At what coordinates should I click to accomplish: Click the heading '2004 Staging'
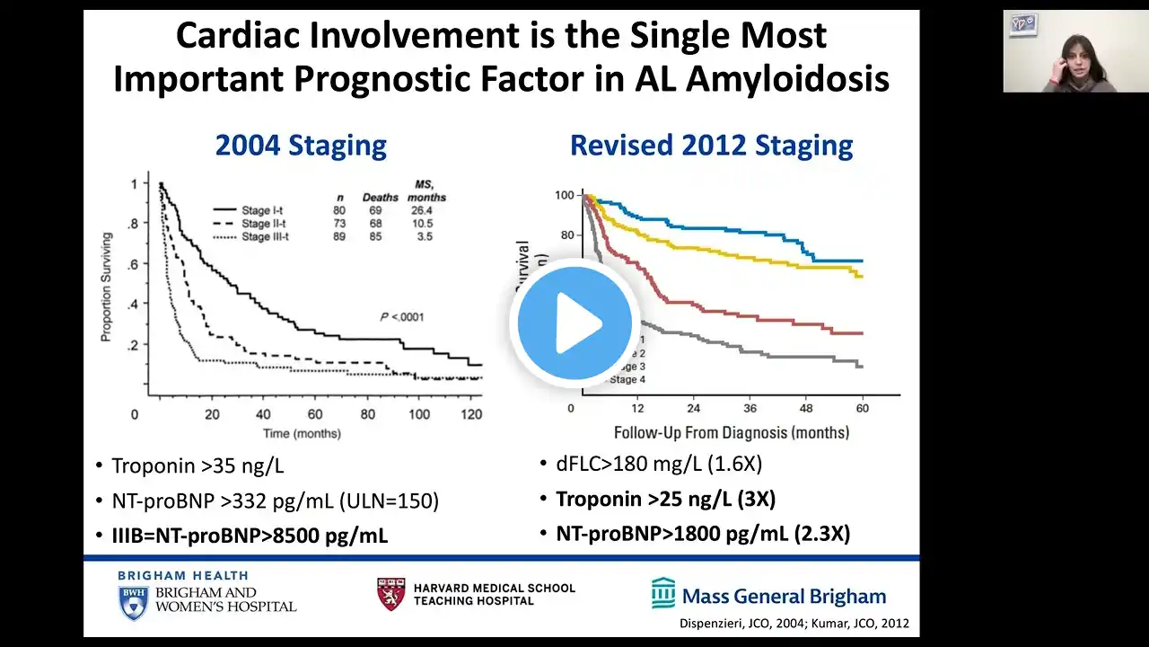tap(301, 146)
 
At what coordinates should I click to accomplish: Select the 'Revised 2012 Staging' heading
tap(712, 146)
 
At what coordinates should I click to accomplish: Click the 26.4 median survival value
tap(425, 210)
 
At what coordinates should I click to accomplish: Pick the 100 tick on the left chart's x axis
tap(419, 414)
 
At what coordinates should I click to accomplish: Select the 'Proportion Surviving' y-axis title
tap(106, 281)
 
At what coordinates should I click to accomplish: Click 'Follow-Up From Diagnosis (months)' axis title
tap(732, 432)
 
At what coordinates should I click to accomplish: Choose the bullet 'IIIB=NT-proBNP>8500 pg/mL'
tap(249, 536)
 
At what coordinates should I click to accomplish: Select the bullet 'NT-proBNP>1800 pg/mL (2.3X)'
tap(702, 533)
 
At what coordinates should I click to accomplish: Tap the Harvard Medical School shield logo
tap(390, 594)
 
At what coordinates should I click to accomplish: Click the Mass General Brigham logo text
tap(784, 596)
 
